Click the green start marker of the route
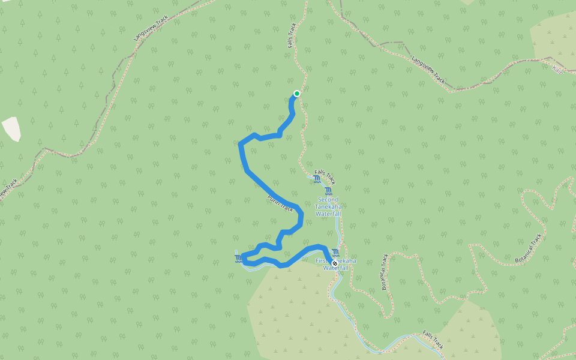296,94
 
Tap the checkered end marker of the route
334,263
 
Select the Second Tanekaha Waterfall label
328,207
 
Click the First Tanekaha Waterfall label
335,264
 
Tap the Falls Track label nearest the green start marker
292,36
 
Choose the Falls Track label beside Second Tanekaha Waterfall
325,176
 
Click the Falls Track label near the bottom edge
433,340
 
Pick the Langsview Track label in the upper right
429,70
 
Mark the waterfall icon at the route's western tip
239,259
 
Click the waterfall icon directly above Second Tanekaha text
328,191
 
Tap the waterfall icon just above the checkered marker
335,253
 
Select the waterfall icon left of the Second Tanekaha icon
317,179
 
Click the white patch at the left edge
11,128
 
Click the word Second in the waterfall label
328,200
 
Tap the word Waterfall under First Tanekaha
336,268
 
